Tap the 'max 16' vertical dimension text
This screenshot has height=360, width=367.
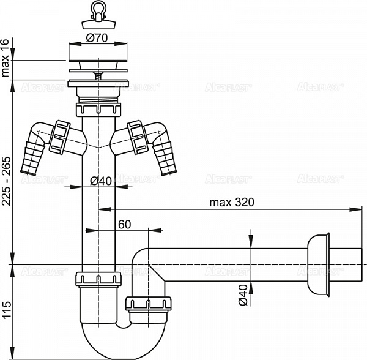[x=6, y=59]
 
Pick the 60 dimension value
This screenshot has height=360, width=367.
[x=125, y=224]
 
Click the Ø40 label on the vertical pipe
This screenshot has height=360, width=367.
[x=99, y=181]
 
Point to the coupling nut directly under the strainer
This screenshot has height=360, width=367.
[x=98, y=110]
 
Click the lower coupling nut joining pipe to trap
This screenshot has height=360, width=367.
[x=98, y=279]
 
